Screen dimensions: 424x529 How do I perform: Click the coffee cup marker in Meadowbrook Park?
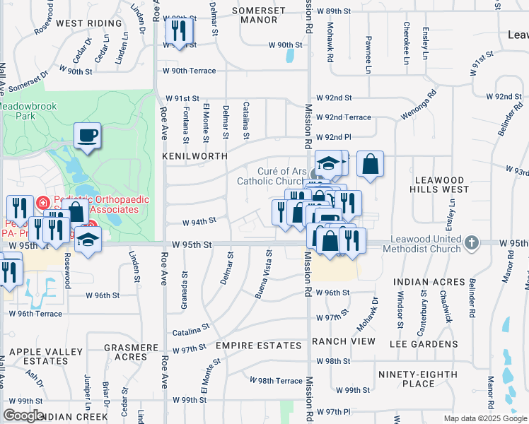click(x=87, y=135)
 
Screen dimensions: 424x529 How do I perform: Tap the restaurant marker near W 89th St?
click(x=179, y=31)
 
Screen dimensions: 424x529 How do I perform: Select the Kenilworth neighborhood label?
click(x=194, y=155)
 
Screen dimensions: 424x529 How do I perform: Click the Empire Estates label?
click(x=259, y=346)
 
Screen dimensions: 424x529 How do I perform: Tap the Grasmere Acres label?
click(x=131, y=353)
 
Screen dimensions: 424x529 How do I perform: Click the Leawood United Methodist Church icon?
click(x=472, y=244)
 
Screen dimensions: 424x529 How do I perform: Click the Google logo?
click(x=23, y=416)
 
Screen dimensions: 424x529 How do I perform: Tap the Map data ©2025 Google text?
click(x=485, y=418)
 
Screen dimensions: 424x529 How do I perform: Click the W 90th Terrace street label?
click(x=189, y=71)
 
